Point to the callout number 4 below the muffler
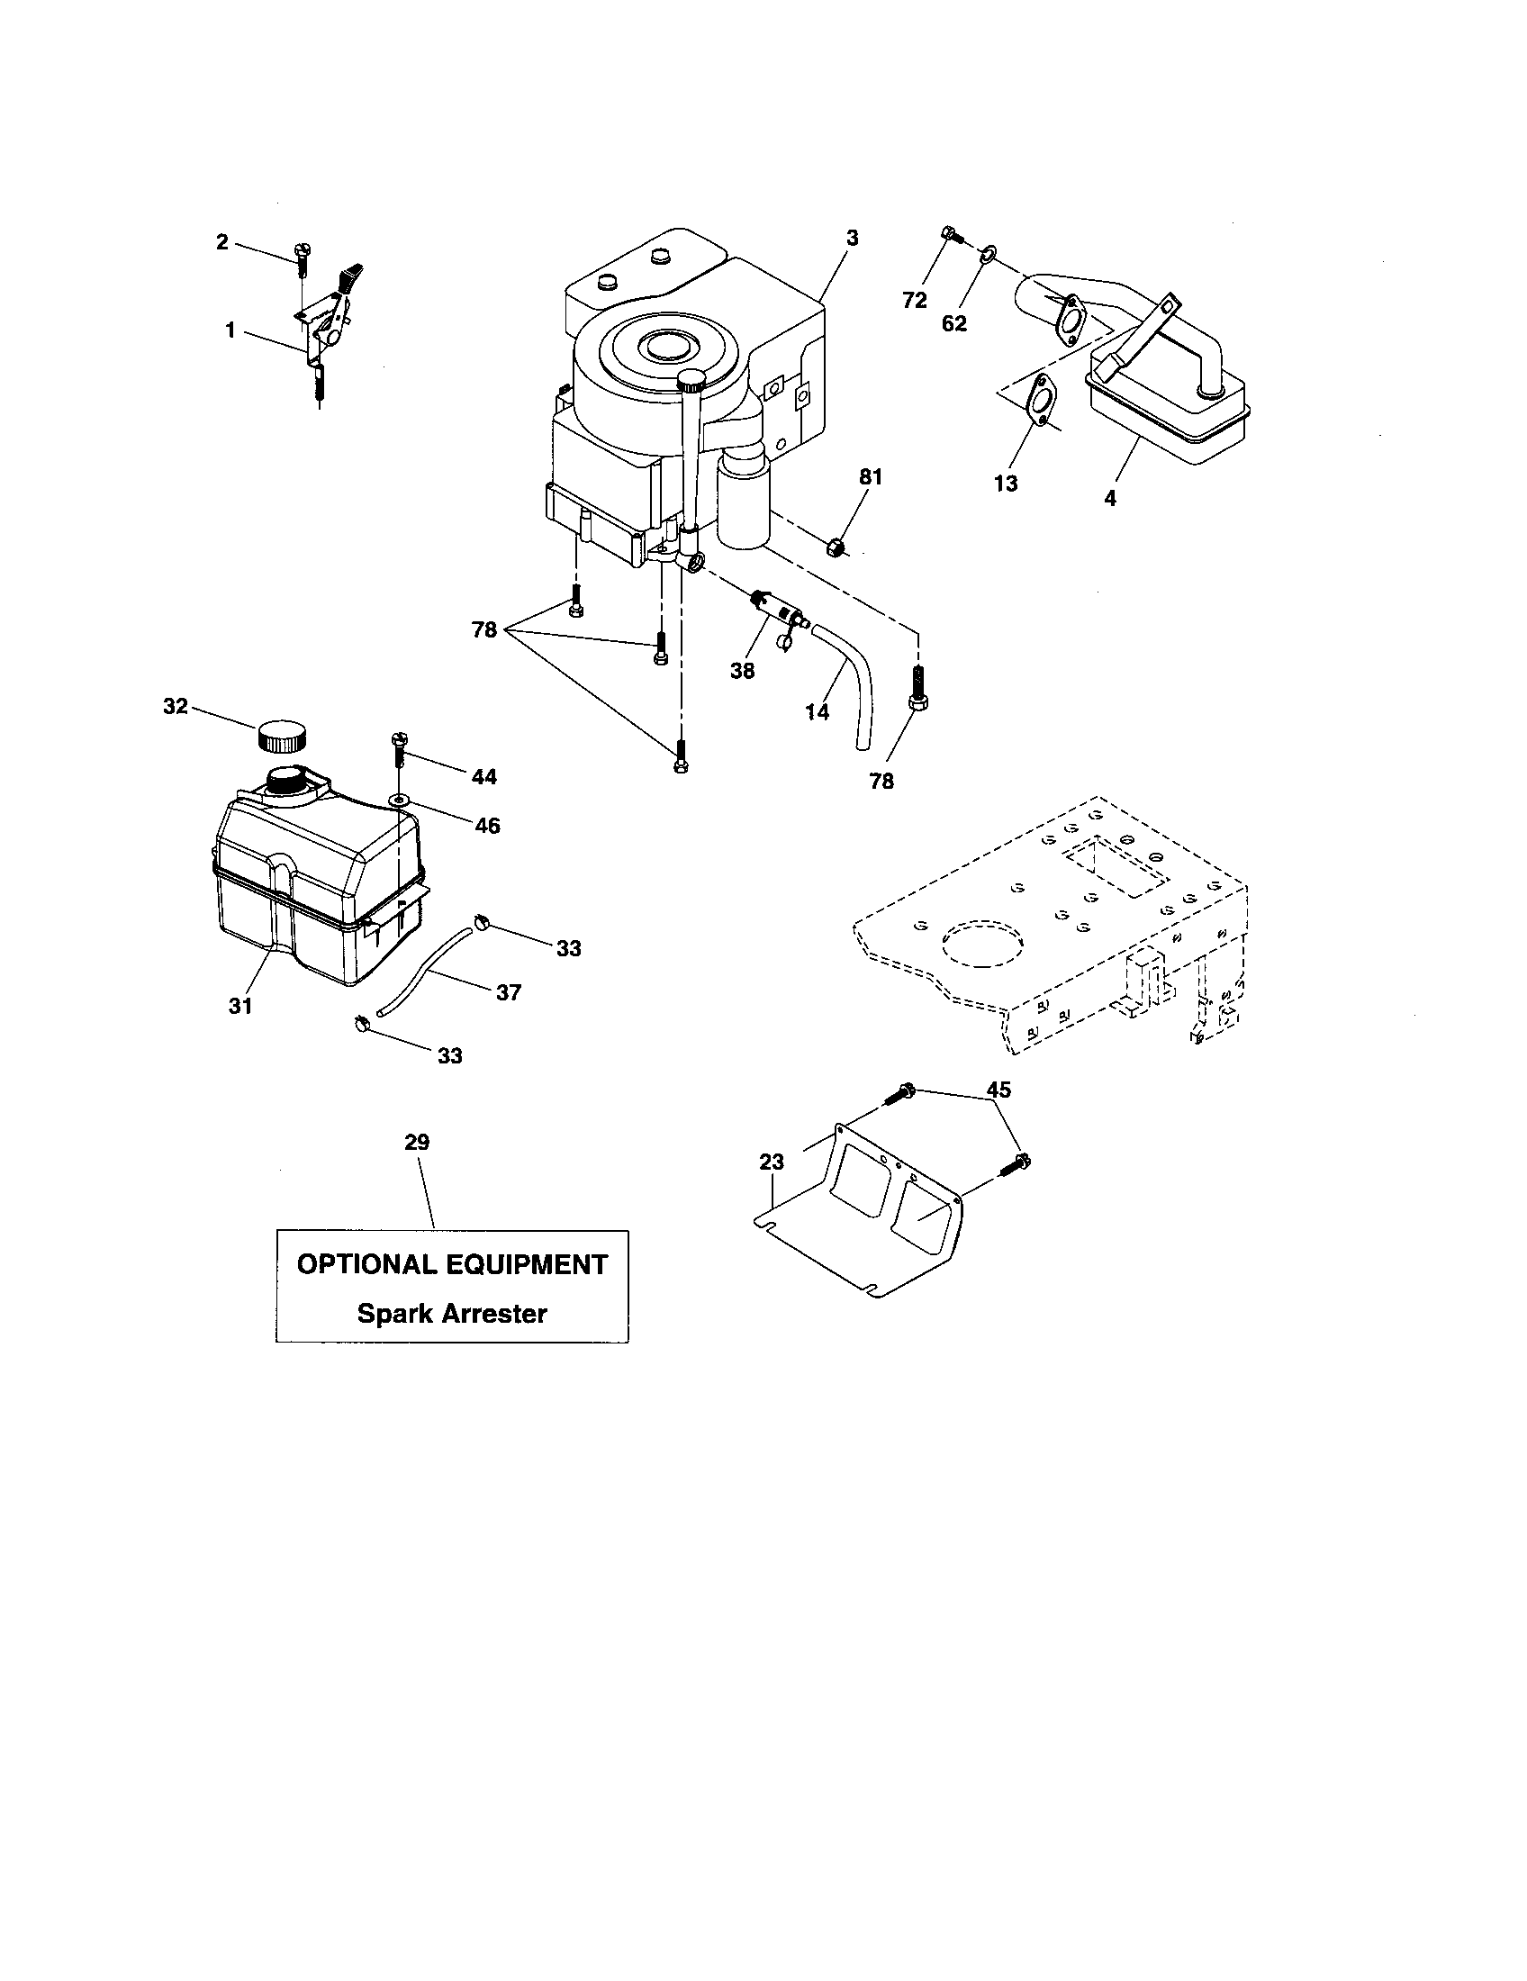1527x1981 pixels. [x=1110, y=498]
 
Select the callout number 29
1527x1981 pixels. [x=417, y=1143]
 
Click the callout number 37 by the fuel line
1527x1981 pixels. [x=509, y=993]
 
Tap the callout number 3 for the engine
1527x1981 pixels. [x=852, y=239]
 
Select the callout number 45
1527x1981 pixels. [x=998, y=1090]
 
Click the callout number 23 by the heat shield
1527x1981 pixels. [x=772, y=1162]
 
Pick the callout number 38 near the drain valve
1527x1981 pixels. [x=742, y=672]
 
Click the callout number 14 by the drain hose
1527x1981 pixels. [x=817, y=712]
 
